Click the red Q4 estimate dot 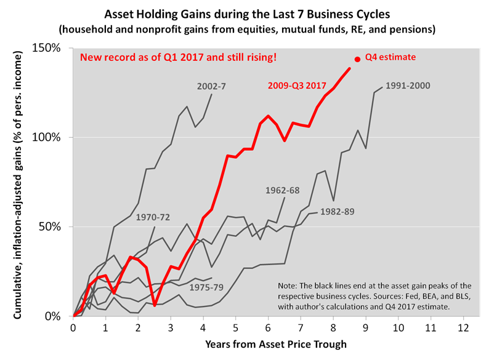[357, 59]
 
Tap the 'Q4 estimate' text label [391, 57]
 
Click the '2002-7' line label [211, 86]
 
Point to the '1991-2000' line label [408, 86]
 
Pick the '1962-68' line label [283, 190]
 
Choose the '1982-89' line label [337, 211]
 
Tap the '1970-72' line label [153, 217]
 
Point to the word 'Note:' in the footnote [289, 286]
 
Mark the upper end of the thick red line [350, 68]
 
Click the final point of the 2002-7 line [211, 94]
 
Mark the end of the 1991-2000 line [382, 87]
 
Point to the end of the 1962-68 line [284, 198]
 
